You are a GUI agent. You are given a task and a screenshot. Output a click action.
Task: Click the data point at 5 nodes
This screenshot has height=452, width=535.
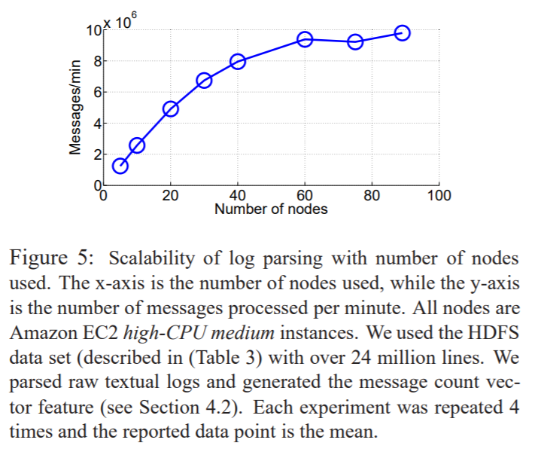pos(120,166)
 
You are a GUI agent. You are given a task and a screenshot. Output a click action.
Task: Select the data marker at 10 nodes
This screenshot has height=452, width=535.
pos(137,145)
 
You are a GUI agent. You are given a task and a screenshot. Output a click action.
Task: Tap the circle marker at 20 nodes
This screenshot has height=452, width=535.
pos(171,108)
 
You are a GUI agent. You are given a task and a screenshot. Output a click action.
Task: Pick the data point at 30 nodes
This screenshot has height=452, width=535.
pos(204,81)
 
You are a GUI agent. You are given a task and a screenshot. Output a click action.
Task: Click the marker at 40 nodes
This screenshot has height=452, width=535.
pos(238,62)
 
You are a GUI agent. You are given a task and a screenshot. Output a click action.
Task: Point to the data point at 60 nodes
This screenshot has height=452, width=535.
pos(305,39)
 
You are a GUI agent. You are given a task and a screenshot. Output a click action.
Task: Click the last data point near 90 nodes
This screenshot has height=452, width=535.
pos(402,32)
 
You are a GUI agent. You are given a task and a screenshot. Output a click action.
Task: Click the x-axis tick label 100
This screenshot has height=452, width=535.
pos(438,196)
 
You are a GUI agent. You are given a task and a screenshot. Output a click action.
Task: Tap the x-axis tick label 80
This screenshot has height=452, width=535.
pos(372,196)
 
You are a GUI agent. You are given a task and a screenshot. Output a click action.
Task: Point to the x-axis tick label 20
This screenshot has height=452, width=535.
pos(171,196)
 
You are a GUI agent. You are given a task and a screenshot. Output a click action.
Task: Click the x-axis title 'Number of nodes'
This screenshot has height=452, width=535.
pos(271,209)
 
